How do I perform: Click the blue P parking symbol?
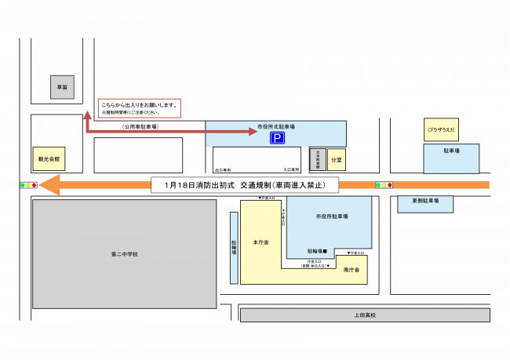click(276, 137)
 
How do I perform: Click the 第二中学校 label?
click(124, 253)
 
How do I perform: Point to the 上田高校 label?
click(365, 315)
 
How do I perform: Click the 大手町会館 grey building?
click(317, 158)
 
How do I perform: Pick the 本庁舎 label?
click(261, 242)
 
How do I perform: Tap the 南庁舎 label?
click(351, 269)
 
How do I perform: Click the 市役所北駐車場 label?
click(275, 125)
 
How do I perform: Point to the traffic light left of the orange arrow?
click(28, 185)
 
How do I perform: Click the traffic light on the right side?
click(384, 185)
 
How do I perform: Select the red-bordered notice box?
click(139, 108)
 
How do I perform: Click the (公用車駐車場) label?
click(140, 125)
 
